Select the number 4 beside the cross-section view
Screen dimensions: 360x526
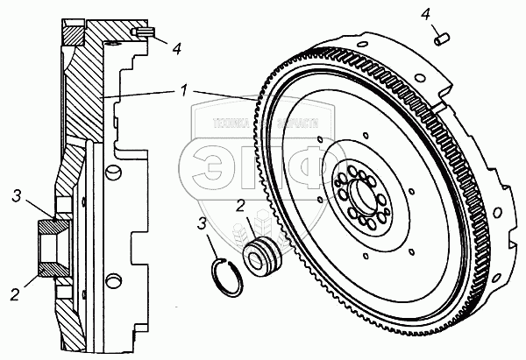[x=177, y=47]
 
